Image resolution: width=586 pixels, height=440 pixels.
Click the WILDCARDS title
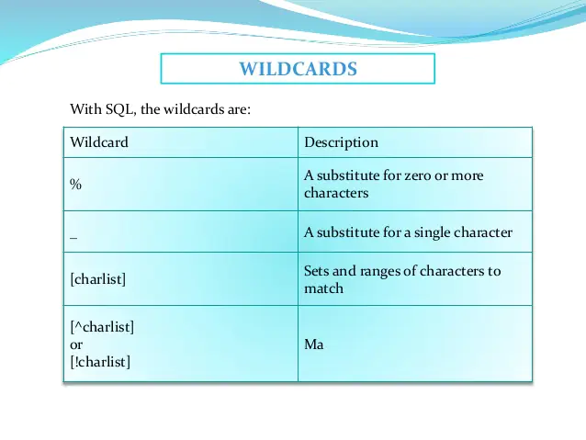(x=298, y=69)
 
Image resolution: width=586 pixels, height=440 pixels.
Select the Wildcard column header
(x=99, y=142)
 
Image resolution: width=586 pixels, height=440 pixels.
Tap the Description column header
(x=341, y=142)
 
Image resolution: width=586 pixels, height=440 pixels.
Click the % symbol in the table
(x=76, y=184)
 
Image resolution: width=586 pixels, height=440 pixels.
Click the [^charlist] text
(x=103, y=326)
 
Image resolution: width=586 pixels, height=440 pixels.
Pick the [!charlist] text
(x=100, y=362)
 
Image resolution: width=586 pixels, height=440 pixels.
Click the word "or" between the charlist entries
(x=76, y=344)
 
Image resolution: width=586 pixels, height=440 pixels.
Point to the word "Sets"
(x=317, y=272)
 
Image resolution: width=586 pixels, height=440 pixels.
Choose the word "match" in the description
(x=323, y=288)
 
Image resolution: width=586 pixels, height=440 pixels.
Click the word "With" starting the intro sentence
(x=85, y=110)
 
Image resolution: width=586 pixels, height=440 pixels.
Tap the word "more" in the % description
(x=468, y=175)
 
